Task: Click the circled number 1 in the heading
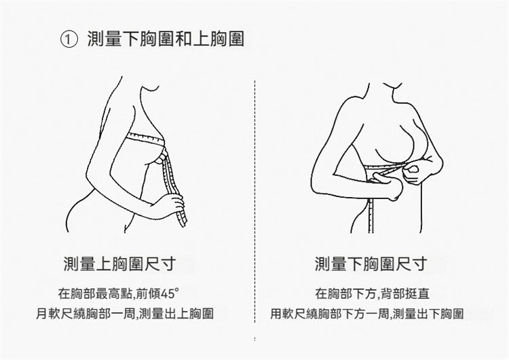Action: click(69, 39)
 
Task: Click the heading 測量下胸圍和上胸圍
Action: click(166, 39)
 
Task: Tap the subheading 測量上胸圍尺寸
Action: click(119, 264)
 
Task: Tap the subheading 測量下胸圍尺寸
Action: click(371, 264)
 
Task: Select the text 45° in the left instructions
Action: click(170, 293)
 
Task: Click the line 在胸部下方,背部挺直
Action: click(372, 293)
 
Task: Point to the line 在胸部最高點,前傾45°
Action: click(119, 293)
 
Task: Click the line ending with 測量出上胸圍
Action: click(125, 314)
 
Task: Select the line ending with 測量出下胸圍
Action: click(366, 314)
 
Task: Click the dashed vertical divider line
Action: click(254, 202)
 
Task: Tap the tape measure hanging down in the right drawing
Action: click(371, 215)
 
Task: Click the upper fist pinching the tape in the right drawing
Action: click(414, 173)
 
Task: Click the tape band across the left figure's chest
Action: click(145, 138)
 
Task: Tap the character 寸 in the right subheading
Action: click(419, 264)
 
